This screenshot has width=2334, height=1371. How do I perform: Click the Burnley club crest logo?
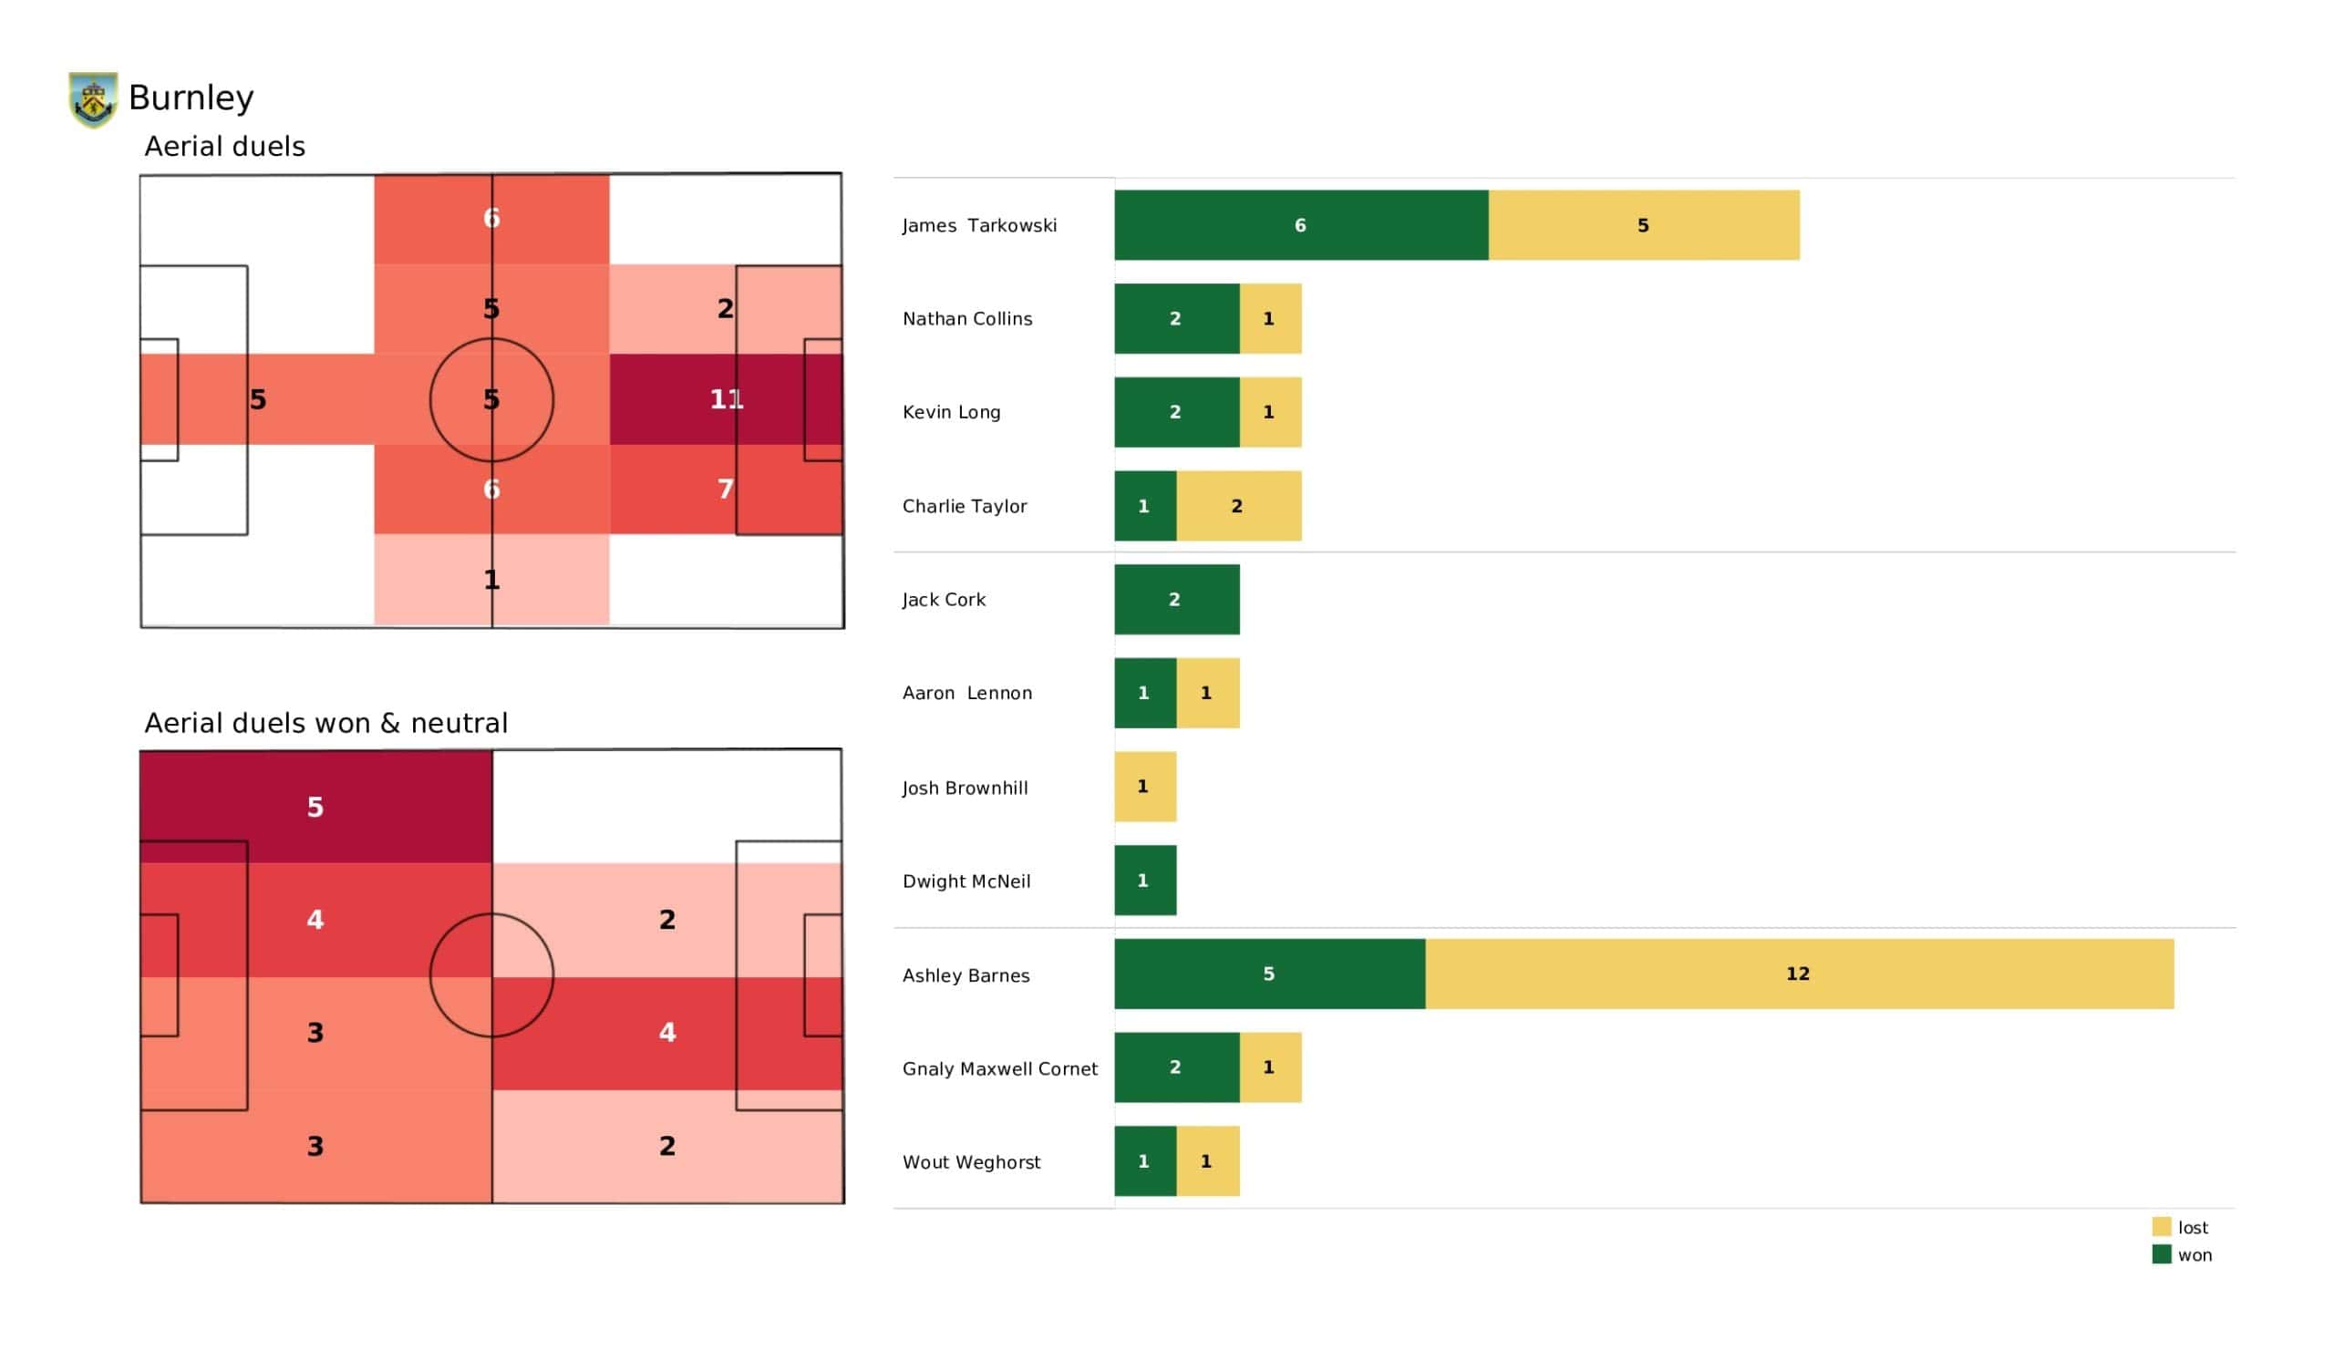tap(94, 99)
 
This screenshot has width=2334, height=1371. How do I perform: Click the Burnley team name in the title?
tap(191, 98)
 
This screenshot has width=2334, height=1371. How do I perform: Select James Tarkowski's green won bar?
tap(1300, 225)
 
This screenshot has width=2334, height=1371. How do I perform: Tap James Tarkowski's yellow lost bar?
tap(1643, 225)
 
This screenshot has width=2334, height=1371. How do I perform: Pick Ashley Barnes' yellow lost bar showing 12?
tap(1798, 974)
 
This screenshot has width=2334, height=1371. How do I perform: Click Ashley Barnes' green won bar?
tap(1269, 974)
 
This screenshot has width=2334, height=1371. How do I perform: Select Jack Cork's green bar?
tap(1176, 599)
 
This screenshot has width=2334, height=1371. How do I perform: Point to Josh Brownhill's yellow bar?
tap(1145, 787)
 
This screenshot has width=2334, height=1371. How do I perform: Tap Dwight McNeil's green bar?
tap(1145, 880)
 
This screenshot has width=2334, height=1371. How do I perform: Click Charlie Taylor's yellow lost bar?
tap(1238, 506)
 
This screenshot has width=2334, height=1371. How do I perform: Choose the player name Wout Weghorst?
tap(971, 1161)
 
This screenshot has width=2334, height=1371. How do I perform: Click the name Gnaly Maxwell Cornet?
tap(999, 1068)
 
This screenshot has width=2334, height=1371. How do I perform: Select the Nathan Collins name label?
tap(967, 319)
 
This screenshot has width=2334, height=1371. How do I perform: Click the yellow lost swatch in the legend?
tap(2161, 1226)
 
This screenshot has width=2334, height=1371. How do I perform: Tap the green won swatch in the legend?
tap(2161, 1254)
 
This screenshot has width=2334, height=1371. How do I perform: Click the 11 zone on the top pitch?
tap(726, 399)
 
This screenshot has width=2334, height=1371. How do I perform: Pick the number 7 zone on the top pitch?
tap(726, 490)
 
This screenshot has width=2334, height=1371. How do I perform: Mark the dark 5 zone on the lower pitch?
tap(315, 806)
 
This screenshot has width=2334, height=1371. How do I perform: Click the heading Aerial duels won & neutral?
tap(326, 723)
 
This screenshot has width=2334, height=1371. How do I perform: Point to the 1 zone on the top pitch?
tap(491, 580)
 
